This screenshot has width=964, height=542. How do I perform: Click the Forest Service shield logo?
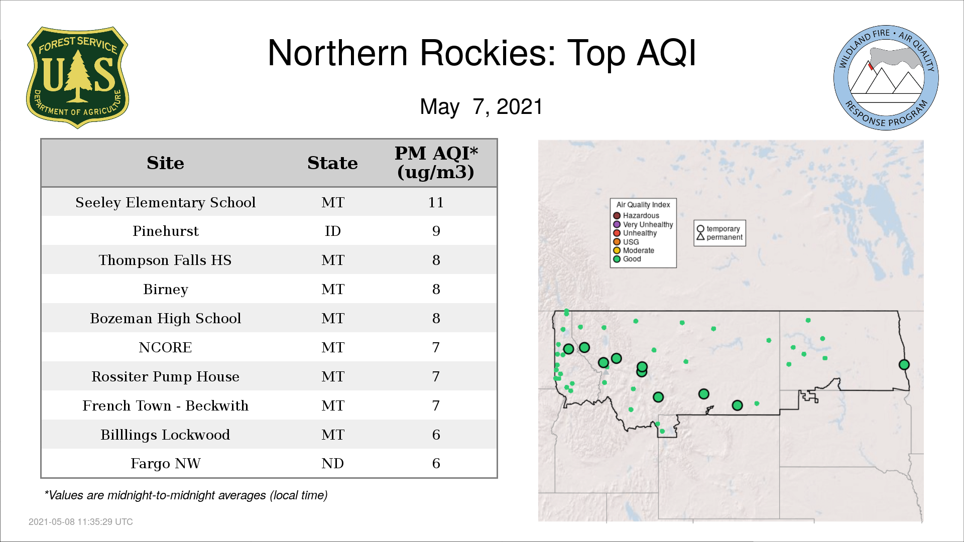pos(77,77)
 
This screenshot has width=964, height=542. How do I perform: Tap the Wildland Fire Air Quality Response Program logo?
pos(886,78)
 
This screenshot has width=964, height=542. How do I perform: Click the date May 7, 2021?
pos(481,107)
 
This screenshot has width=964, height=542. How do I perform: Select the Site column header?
pos(165,163)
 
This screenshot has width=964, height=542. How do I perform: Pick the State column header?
pos(332,163)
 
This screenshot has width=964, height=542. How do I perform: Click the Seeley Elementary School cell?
pos(166,202)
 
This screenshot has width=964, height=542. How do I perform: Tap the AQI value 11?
pos(436,202)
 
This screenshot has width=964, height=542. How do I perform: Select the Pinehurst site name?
pos(166,231)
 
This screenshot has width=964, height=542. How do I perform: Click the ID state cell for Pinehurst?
pos(333,231)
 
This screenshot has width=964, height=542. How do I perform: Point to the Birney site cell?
pos(166,289)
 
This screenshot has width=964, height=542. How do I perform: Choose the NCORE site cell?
pos(165,347)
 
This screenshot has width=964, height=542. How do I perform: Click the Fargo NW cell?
pos(166,463)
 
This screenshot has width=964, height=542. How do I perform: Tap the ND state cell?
pos(332,463)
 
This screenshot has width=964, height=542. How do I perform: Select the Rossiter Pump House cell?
pos(166,376)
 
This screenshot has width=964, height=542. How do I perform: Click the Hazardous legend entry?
pos(636,216)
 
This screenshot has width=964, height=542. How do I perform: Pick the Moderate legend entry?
pos(634,250)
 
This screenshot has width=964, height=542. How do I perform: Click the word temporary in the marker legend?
pos(723,229)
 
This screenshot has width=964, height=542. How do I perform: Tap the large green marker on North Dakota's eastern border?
pos(904,365)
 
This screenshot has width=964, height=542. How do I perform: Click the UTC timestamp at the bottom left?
pos(81,522)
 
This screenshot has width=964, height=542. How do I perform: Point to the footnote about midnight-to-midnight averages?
pos(186,495)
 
